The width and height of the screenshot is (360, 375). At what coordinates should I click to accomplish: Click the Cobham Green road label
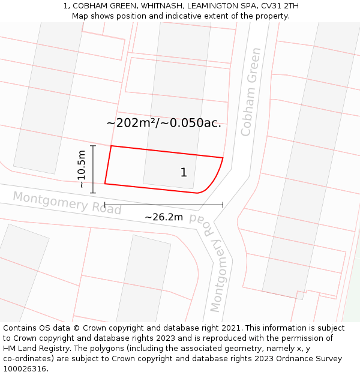click(x=250, y=92)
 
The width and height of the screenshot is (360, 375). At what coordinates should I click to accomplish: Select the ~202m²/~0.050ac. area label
click(x=164, y=123)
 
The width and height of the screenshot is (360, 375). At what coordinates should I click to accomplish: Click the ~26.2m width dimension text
click(x=164, y=217)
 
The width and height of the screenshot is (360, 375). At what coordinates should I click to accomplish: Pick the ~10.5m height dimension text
click(x=82, y=169)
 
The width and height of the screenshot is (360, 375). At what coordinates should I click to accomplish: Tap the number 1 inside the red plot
click(x=184, y=173)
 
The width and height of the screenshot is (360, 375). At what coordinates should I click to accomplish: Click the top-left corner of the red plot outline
click(x=112, y=146)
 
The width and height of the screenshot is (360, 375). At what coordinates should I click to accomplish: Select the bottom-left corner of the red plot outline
click(x=105, y=184)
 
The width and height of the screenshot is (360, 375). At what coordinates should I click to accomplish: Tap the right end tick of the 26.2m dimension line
click(x=223, y=205)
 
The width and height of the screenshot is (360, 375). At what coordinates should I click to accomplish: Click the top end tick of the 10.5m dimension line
click(x=93, y=146)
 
